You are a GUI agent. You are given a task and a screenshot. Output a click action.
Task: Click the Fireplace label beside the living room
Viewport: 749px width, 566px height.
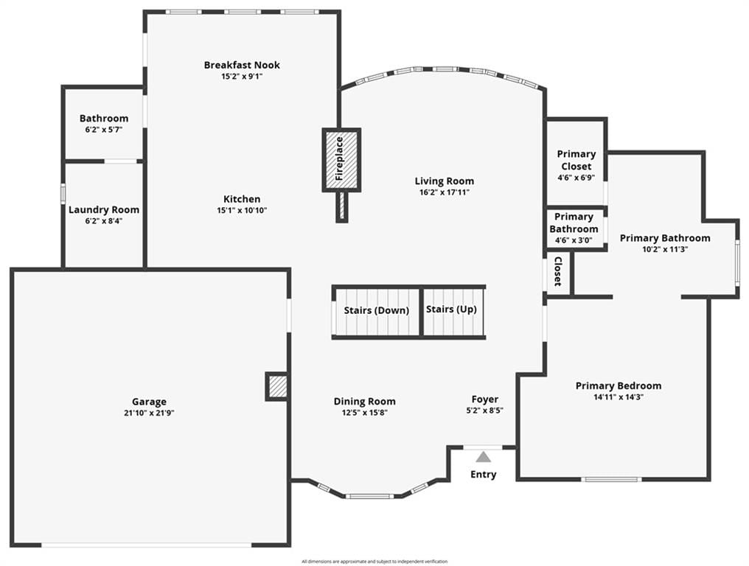click(340, 158)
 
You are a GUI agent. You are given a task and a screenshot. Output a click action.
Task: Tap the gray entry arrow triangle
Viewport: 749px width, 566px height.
click(484, 458)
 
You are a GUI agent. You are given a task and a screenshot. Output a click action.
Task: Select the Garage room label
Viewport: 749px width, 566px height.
click(149, 402)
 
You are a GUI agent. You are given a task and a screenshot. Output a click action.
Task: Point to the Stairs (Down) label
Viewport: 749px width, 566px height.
click(377, 310)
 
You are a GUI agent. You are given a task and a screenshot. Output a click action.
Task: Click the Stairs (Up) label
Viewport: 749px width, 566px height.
click(451, 309)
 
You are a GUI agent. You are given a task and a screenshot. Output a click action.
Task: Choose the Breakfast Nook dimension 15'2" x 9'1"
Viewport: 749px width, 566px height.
click(243, 77)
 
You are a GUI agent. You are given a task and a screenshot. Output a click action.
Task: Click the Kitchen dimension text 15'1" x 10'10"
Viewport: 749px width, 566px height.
click(243, 210)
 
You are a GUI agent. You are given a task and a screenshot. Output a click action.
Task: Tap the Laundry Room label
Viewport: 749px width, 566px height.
click(104, 210)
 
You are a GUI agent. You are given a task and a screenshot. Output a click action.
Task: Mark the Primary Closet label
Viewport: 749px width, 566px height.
click(576, 160)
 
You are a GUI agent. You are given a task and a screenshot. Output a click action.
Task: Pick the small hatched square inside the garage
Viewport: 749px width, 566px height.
click(277, 386)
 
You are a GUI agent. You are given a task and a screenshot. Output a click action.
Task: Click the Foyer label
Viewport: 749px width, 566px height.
click(485, 399)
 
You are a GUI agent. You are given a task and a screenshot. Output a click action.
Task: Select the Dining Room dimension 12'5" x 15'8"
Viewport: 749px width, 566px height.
click(364, 413)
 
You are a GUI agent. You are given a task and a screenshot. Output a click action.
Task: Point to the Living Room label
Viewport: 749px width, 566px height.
click(445, 181)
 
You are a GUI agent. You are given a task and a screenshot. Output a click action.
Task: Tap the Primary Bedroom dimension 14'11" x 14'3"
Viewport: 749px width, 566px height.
click(619, 397)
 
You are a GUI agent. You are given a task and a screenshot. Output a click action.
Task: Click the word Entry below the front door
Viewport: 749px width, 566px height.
click(484, 475)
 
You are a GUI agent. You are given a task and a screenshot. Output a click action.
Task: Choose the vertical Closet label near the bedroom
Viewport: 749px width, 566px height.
click(557, 271)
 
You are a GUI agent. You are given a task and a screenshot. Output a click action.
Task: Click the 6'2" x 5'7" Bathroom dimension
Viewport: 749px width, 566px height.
click(104, 130)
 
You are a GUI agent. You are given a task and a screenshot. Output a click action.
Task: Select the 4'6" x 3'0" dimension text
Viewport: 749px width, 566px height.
click(574, 240)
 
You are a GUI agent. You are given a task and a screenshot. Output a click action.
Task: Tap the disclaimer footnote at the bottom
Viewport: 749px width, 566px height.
click(374, 562)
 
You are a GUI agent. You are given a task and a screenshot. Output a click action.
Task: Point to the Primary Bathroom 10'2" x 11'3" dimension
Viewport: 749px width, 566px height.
click(665, 249)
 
